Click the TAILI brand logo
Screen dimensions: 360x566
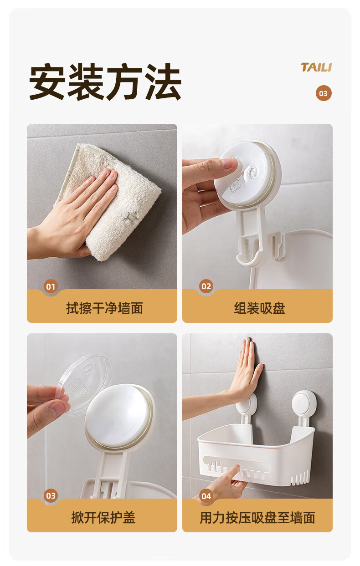pyautogui.click(x=316, y=67)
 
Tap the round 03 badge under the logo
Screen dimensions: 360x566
pyautogui.click(x=324, y=93)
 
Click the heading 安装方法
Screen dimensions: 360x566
pyautogui.click(x=105, y=82)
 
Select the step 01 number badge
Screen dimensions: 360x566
pyautogui.click(x=51, y=286)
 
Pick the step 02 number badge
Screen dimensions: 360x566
pyautogui.click(x=206, y=286)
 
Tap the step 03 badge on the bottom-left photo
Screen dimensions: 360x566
pyautogui.click(x=51, y=496)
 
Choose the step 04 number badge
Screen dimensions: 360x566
pyautogui.click(x=206, y=496)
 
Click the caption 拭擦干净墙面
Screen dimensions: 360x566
pyautogui.click(x=105, y=308)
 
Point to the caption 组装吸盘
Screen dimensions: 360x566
pyautogui.click(x=260, y=308)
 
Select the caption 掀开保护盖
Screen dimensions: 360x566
pyautogui.click(x=103, y=518)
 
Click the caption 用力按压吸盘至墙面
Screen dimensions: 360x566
pyautogui.click(x=257, y=518)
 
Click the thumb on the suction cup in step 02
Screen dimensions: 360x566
pyautogui.click(x=227, y=164)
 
